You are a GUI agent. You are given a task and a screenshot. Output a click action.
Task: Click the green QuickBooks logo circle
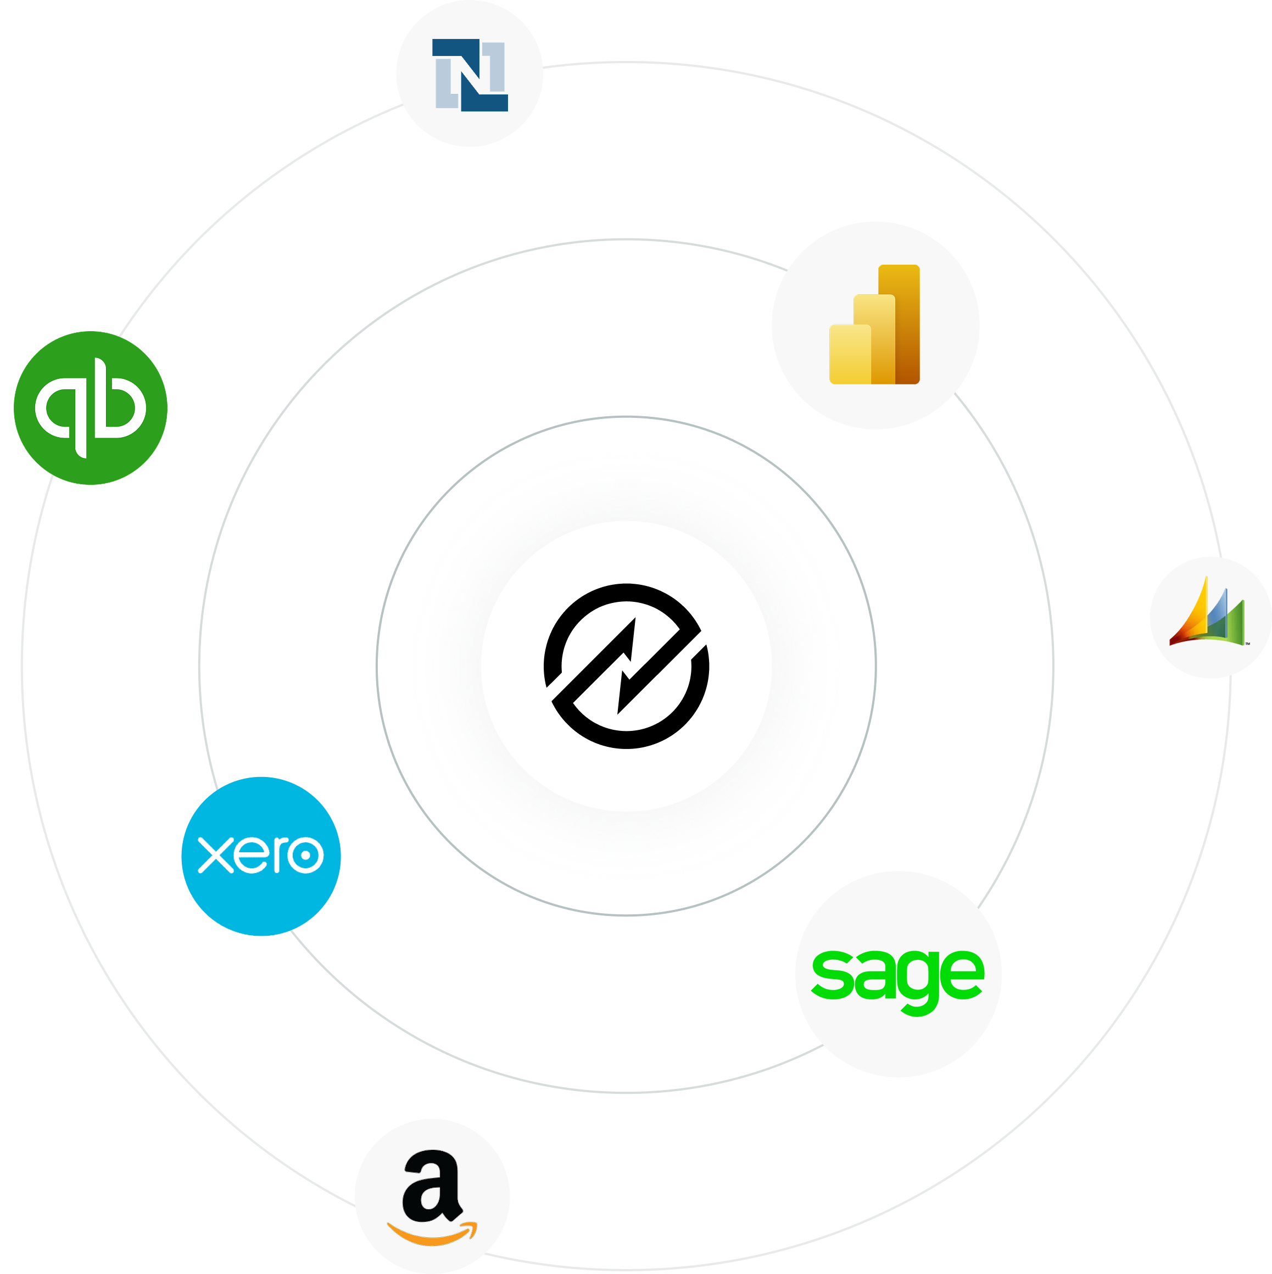click(90, 407)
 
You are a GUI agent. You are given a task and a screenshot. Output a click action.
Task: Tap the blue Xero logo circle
click(261, 856)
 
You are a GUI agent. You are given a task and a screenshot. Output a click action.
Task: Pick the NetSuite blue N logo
click(470, 75)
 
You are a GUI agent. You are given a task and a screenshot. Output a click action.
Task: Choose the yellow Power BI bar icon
click(874, 325)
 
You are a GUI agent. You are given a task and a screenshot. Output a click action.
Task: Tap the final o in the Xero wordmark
click(305, 855)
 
